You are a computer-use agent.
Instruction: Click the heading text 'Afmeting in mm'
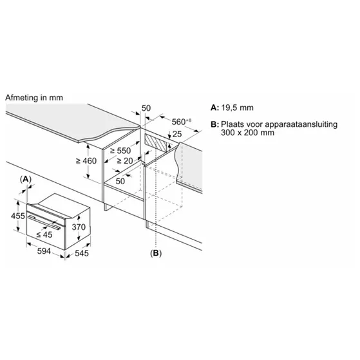pyautogui.click(x=34, y=98)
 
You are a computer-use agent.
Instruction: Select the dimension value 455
pyautogui.click(x=18, y=216)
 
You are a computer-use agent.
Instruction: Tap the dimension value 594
pyautogui.click(x=44, y=251)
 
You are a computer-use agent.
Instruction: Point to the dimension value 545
pyautogui.click(x=82, y=253)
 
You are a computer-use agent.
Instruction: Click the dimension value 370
pyautogui.click(x=79, y=227)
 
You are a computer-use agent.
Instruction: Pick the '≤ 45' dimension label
pyautogui.click(x=44, y=234)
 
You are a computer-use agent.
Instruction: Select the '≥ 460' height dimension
pyautogui.click(x=86, y=161)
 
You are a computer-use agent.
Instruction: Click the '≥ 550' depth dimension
pyautogui.click(x=120, y=151)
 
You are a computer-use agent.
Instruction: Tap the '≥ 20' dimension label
pyautogui.click(x=125, y=161)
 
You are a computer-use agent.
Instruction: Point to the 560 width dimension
pyautogui.click(x=182, y=122)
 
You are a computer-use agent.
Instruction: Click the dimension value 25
pyautogui.click(x=177, y=134)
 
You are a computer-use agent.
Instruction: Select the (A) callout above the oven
pyautogui.click(x=26, y=179)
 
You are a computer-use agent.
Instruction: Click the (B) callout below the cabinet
pyautogui.click(x=156, y=253)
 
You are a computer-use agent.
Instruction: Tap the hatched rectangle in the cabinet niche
pyautogui.click(x=156, y=144)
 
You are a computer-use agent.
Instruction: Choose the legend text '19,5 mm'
pyautogui.click(x=238, y=108)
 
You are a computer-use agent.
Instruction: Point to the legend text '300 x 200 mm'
pyautogui.click(x=247, y=133)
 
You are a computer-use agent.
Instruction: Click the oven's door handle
pyautogui.click(x=44, y=222)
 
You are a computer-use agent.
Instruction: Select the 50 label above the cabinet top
pyautogui.click(x=146, y=108)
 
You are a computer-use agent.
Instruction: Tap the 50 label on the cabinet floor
pyautogui.click(x=120, y=182)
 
